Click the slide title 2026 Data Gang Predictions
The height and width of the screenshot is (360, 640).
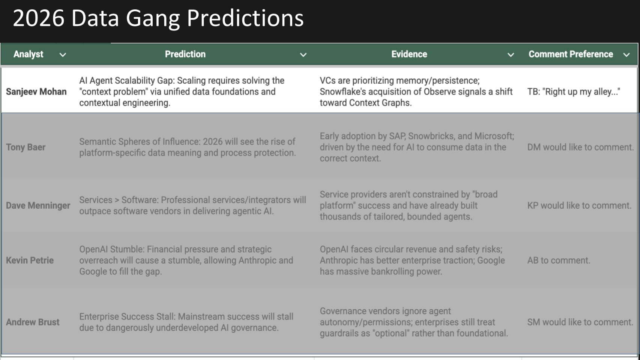pos(158,18)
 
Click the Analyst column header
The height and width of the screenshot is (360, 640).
pos(28,54)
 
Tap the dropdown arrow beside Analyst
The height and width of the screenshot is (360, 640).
pos(63,55)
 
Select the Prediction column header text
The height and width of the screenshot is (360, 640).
pos(185,54)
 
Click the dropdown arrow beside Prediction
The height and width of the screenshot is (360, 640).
pos(303,55)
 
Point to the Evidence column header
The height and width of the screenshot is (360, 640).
pos(409,54)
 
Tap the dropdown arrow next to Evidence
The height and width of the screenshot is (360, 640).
pos(511,55)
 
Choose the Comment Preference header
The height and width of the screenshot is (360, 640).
pos(571,54)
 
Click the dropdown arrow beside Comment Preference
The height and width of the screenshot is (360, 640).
pos(626,55)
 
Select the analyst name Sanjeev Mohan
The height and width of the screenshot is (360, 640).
pos(36,92)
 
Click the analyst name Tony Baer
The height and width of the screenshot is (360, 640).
pos(26,147)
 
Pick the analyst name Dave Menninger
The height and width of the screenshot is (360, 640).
pos(38,206)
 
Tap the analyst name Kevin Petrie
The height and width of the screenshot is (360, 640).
pos(30,261)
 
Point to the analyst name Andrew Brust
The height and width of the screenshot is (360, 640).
pos(33,322)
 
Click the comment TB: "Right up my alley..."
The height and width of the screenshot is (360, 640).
pos(573,92)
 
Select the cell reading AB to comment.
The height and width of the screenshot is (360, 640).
pos(558,261)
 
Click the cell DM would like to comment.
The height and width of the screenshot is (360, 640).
pos(580,147)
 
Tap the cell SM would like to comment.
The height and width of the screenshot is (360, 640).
pos(580,322)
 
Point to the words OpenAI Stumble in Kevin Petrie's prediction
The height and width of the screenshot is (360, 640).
pos(111,249)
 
